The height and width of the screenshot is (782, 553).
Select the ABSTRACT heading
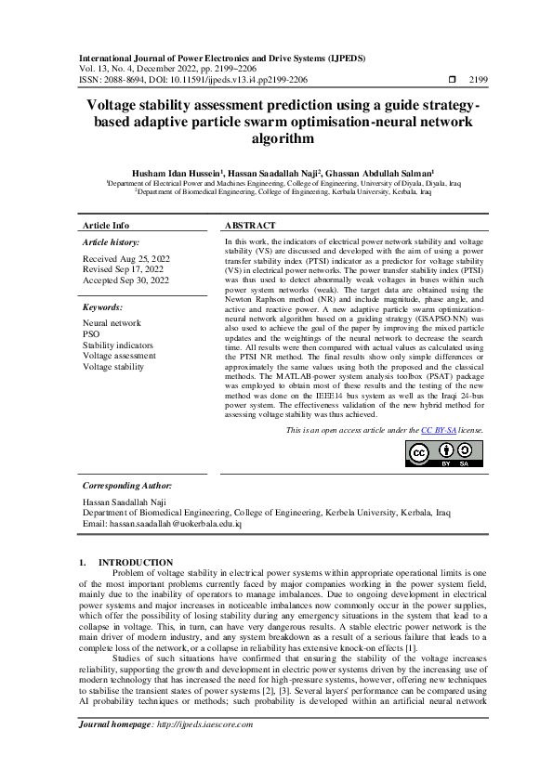point(250,226)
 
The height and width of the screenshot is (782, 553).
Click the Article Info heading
point(106,226)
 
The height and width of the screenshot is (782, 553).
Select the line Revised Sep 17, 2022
point(124,268)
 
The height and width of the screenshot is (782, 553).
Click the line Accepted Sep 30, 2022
point(126,280)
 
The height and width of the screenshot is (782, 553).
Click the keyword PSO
point(91,334)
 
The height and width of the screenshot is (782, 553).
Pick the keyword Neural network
point(112,323)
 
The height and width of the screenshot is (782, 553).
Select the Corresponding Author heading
point(127,486)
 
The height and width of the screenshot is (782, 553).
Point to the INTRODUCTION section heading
point(136,562)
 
